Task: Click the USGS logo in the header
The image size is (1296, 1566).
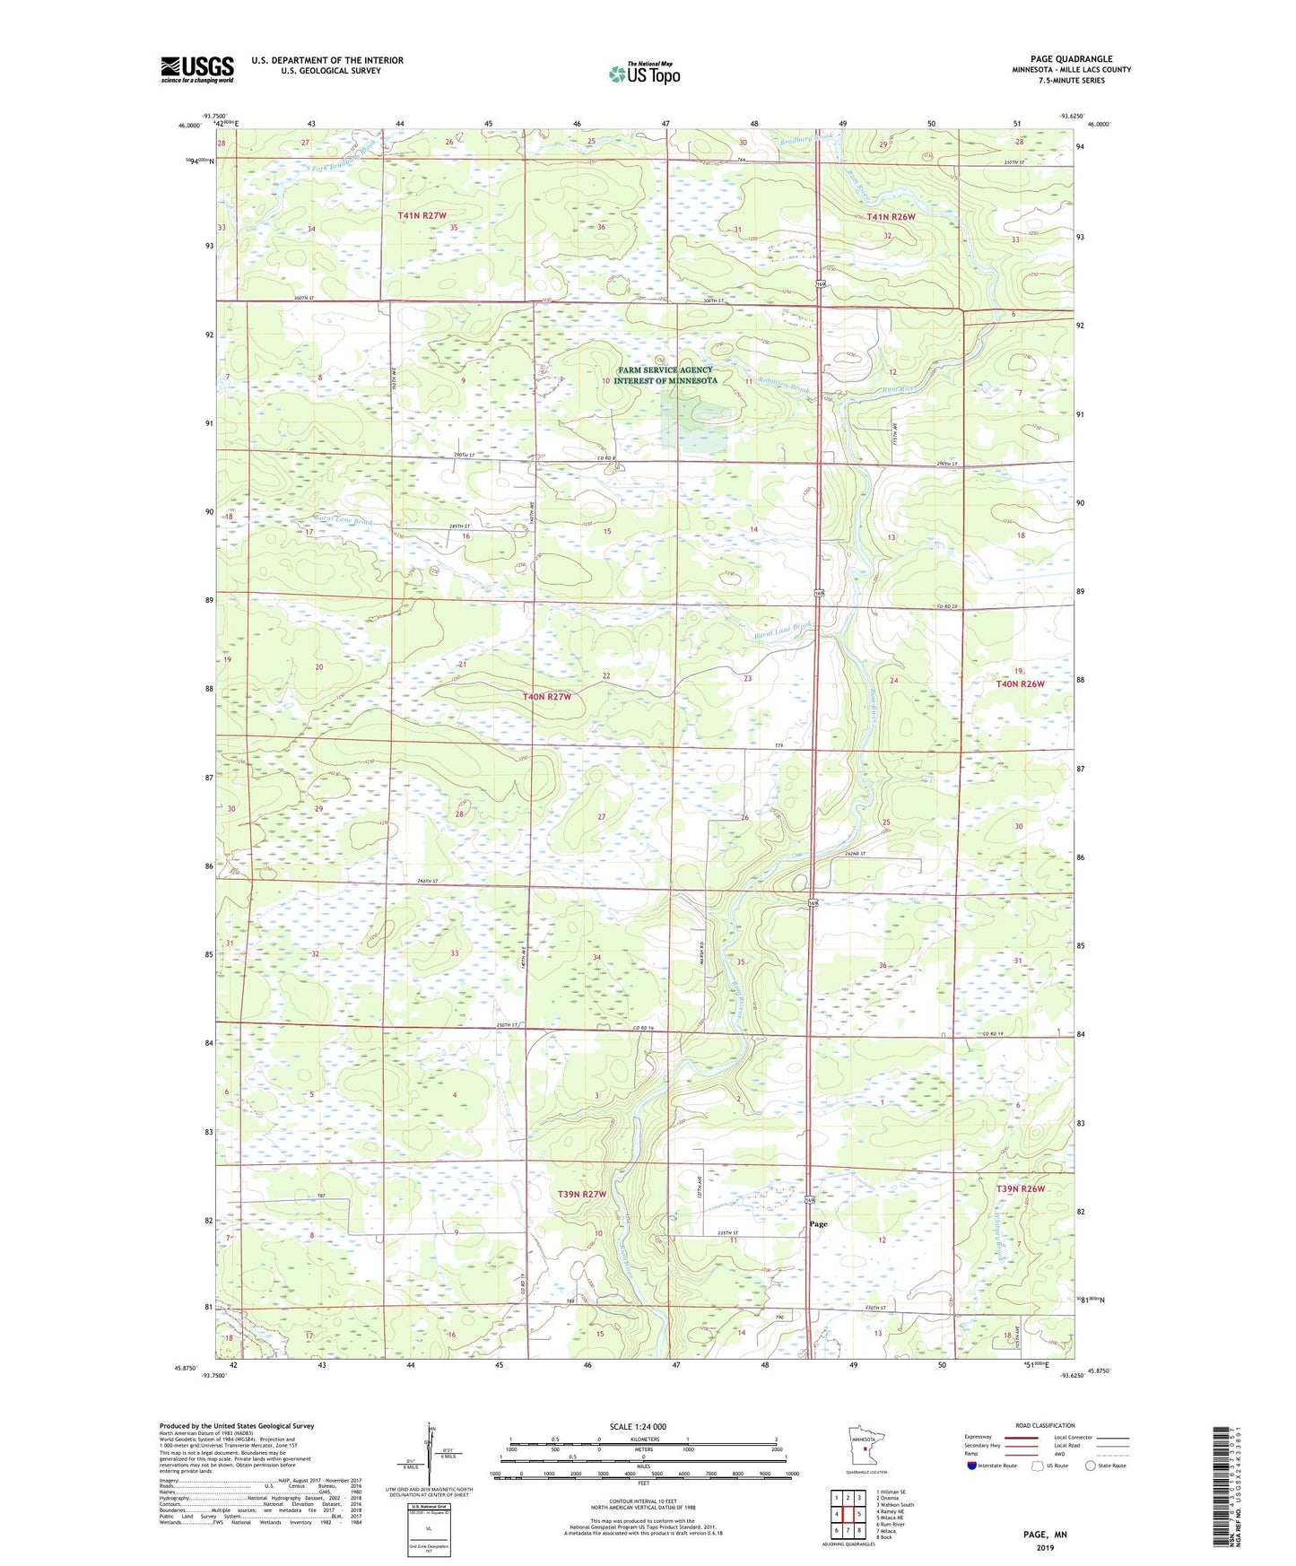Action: [197, 69]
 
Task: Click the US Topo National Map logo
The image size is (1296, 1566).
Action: [644, 74]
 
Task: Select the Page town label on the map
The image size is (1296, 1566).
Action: [818, 1223]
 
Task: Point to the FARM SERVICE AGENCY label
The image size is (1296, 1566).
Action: [665, 370]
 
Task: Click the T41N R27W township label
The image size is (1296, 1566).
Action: [422, 216]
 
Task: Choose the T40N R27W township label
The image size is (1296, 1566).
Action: [547, 697]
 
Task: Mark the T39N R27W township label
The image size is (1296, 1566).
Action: [582, 1194]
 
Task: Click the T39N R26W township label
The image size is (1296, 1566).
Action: [1021, 1188]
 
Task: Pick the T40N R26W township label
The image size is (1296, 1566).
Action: [1021, 683]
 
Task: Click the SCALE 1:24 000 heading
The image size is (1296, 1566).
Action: [638, 1426]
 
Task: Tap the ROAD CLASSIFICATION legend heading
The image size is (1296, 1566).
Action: [1045, 1425]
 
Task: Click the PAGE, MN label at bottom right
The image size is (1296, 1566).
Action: [1045, 1535]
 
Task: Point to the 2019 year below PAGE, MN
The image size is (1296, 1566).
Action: [1045, 1547]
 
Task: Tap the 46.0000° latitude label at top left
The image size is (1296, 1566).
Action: [189, 126]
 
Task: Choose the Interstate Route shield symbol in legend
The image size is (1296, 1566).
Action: [972, 1466]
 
